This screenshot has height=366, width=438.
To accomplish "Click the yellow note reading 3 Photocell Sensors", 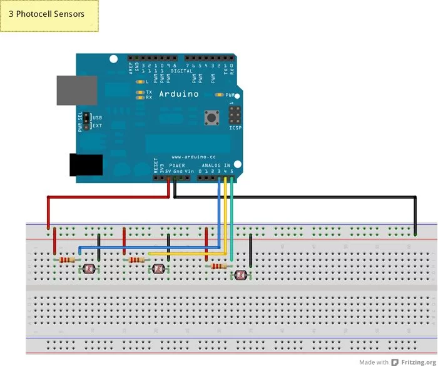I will point(50,16).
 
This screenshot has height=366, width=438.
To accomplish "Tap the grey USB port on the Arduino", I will point(76,91).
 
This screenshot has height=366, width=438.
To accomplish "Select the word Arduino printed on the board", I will point(178,94).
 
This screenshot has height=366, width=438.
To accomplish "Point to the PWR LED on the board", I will point(219,95).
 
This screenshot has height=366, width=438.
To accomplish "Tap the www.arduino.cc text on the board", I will point(193,157).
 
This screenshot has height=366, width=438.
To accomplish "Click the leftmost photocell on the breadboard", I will point(88,269).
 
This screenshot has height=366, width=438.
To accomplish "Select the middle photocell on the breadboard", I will point(158,269).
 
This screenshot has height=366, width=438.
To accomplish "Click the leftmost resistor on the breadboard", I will point(66,259).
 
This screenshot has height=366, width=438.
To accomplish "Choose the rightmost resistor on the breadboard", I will point(217,266).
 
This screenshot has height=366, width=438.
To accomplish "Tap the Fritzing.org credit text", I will point(418,362).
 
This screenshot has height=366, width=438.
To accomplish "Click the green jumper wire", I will point(232,219).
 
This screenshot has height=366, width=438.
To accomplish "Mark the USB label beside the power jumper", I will point(98,117).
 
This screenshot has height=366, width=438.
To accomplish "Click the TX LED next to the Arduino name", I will point(148,92).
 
